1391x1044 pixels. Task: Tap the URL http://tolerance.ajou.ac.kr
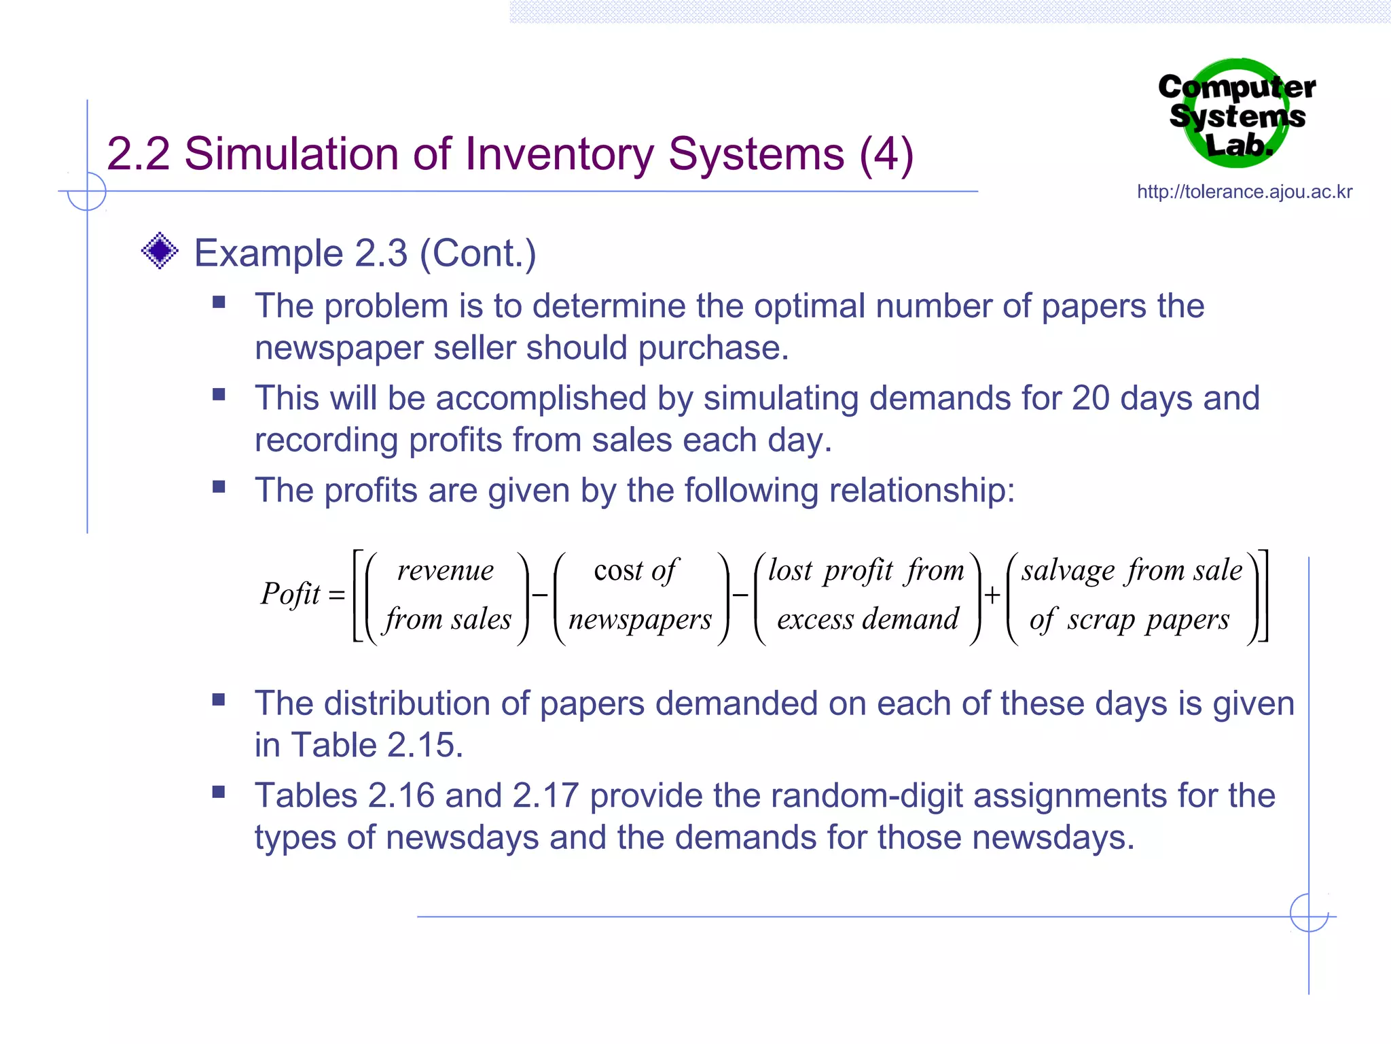pyautogui.click(x=1244, y=192)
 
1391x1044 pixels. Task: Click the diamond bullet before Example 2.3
pyautogui.click(x=160, y=251)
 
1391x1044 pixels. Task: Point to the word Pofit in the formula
pyautogui.click(x=290, y=594)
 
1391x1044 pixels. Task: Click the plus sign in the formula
pyautogui.click(x=992, y=595)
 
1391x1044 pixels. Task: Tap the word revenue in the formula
pyautogui.click(x=446, y=570)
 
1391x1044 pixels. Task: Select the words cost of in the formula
pyautogui.click(x=636, y=570)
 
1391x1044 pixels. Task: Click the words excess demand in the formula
pyautogui.click(x=867, y=619)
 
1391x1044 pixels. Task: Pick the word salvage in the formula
pyautogui.click(x=1068, y=570)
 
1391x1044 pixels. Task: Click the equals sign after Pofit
pyautogui.click(x=337, y=596)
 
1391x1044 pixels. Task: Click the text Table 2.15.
pyautogui.click(x=378, y=745)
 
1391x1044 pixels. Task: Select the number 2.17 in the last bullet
pyautogui.click(x=545, y=796)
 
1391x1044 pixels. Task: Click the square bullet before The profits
pyautogui.click(x=219, y=487)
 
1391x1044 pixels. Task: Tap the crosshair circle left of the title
pyautogui.click(x=87, y=192)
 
